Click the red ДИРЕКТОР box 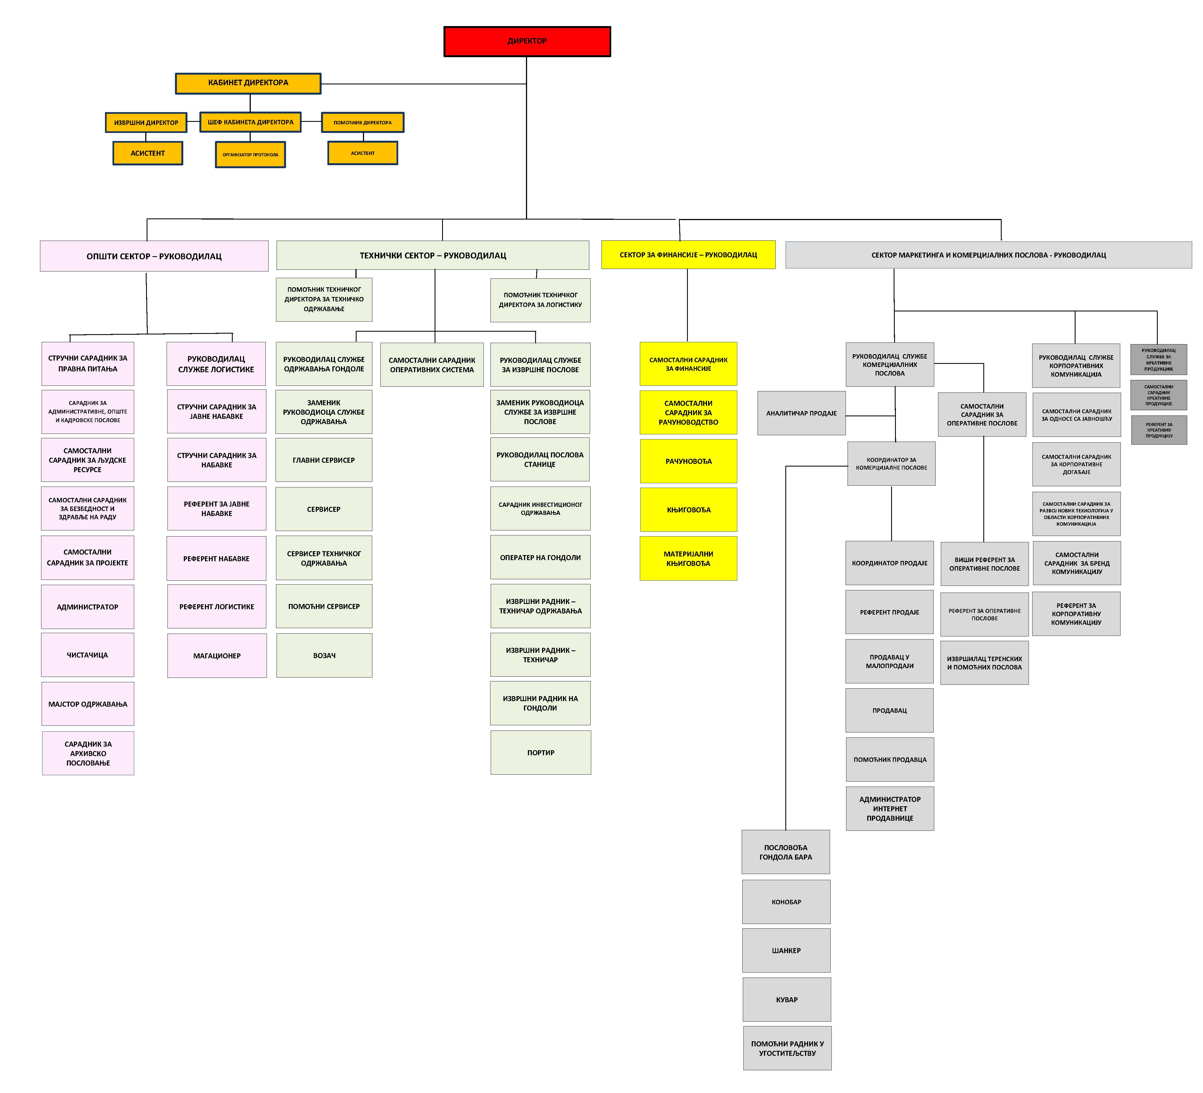pos(527,41)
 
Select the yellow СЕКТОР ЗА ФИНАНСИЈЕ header pos(688,255)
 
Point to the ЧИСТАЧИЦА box pos(88,655)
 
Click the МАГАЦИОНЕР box pos(217,655)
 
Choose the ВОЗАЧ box pos(324,655)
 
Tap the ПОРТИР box pos(541,752)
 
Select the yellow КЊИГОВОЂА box pos(689,510)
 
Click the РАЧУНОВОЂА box pos(689,461)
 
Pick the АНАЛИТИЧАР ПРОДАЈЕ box pos(801,413)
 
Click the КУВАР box pos(786,999)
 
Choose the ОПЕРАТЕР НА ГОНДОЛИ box pos(540,558)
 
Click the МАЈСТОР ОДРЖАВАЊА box pos(88,704)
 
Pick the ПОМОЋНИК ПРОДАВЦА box pos(890,760)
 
